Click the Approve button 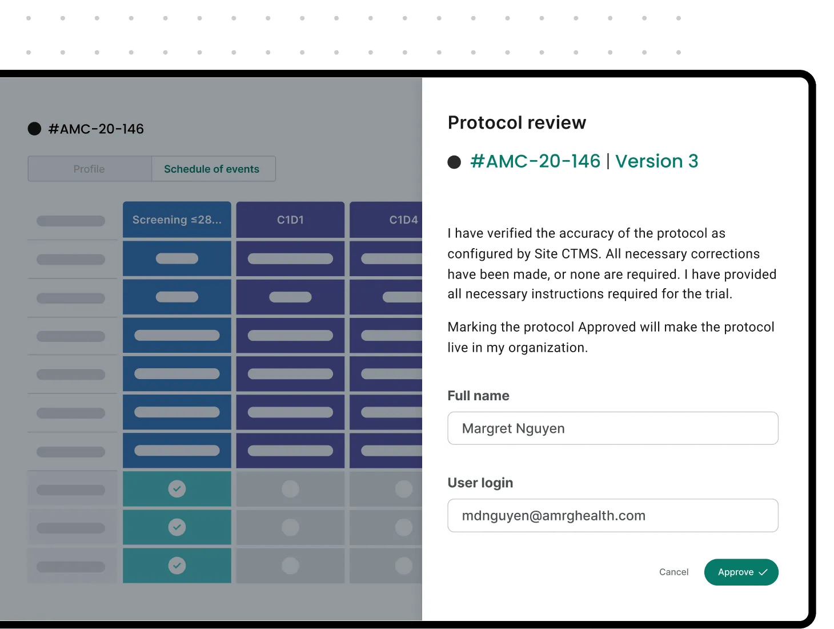(x=740, y=572)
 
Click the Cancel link (x=673, y=572)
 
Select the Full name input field (x=612, y=428)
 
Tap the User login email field (x=612, y=516)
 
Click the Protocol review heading (x=516, y=122)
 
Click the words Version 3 (x=656, y=161)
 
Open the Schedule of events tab (x=211, y=169)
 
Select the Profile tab (x=89, y=169)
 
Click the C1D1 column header (x=290, y=220)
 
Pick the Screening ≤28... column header (x=177, y=220)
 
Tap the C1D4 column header (x=403, y=220)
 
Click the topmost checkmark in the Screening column (x=177, y=489)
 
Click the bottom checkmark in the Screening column (x=177, y=566)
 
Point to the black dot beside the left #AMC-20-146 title (x=34, y=129)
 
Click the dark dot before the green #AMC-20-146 (x=454, y=162)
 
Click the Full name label (x=478, y=396)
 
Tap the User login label (x=480, y=483)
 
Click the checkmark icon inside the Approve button (x=763, y=572)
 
